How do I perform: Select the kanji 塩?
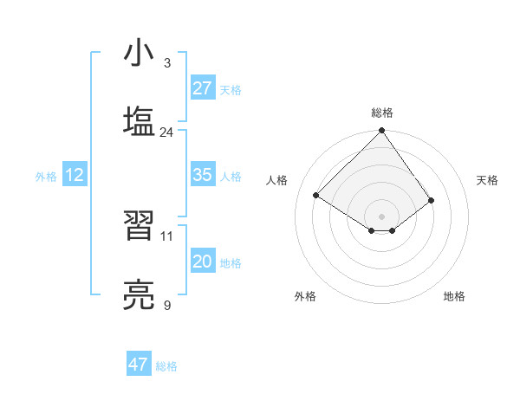tap(140, 121)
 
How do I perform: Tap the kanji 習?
tap(140, 227)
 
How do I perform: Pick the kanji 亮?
tap(140, 294)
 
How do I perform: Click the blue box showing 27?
tap(203, 88)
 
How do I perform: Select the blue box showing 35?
tap(203, 175)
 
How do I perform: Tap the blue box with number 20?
tap(203, 262)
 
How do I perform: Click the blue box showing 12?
tap(75, 175)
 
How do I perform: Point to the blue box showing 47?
tap(139, 365)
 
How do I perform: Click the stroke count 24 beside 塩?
tap(166, 132)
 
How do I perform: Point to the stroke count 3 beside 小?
tap(166, 62)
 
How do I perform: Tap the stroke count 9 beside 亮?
tap(166, 305)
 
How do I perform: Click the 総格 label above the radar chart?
tap(382, 113)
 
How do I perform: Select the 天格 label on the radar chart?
tap(487, 180)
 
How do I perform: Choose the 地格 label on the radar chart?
tap(454, 296)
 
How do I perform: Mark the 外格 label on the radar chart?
tap(305, 296)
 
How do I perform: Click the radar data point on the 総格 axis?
tap(382, 132)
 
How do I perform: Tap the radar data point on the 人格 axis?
tap(316, 196)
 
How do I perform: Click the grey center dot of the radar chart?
tap(382, 216)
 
